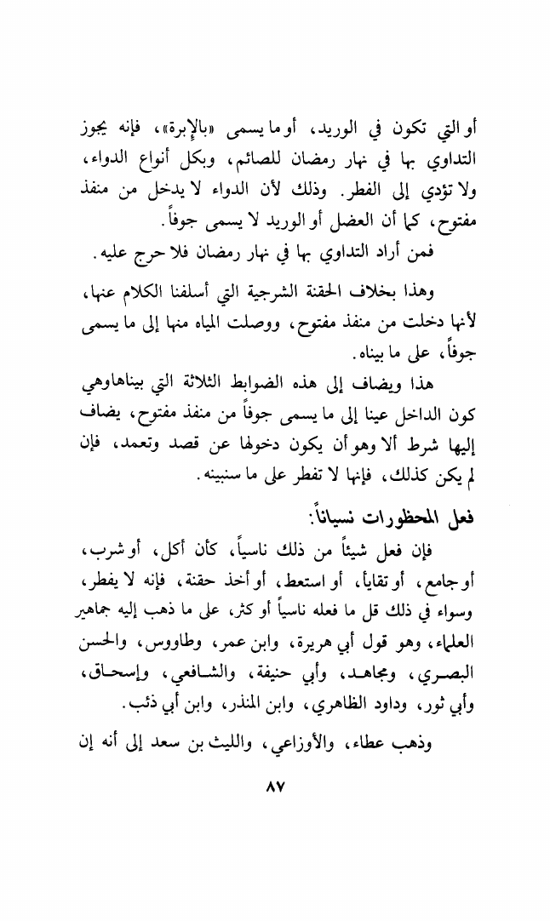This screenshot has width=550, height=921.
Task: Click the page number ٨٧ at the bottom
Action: coord(274,789)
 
